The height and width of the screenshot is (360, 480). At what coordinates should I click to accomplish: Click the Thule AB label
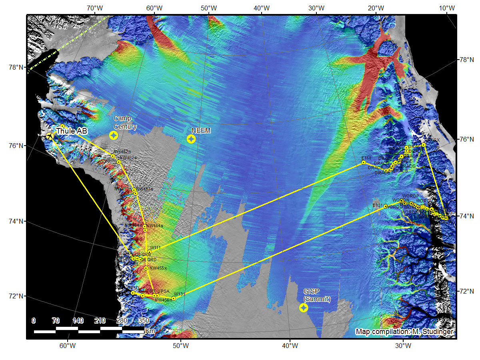72,131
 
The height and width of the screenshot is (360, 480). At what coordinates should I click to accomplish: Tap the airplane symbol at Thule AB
50,136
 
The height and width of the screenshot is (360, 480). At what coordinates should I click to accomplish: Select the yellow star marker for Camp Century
114,136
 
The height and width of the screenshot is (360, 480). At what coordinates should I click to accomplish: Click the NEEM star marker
191,139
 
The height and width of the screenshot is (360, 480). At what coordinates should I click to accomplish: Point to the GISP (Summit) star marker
304,308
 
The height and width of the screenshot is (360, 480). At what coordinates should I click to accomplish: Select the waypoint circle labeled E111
363,162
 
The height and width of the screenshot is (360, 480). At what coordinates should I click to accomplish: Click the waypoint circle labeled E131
386,206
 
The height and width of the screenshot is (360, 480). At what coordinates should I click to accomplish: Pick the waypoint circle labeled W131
173,298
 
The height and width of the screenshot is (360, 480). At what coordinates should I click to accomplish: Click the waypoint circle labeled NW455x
146,268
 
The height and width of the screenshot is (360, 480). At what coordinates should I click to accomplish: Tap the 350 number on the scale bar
144,320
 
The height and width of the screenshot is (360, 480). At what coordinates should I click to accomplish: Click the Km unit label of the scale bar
150,331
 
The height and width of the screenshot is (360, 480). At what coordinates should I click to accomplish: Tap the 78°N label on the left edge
17,67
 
